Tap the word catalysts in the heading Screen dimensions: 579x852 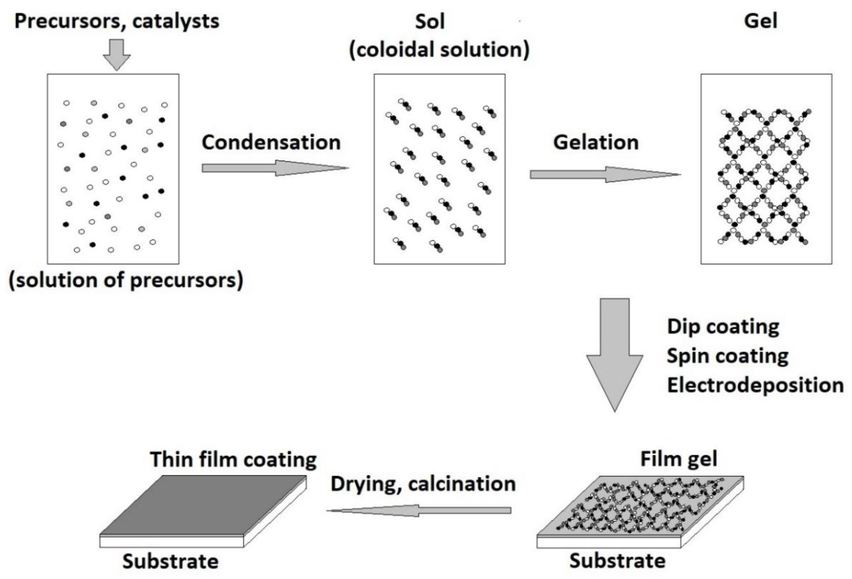tap(176, 21)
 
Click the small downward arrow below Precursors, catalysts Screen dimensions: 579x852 tap(117, 54)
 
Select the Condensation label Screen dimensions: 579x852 tap(271, 143)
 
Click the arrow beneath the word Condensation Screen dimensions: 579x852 tap(275, 168)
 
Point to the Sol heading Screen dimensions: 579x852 tap(430, 21)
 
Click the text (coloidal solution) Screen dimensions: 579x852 tap(439, 50)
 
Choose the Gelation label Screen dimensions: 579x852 tap(596, 143)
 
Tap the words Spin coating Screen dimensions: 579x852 tap(727, 356)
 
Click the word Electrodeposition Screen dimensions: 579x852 tap(755, 385)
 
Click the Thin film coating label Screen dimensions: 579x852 tap(233, 459)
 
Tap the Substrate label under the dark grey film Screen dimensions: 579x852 tap(170, 561)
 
